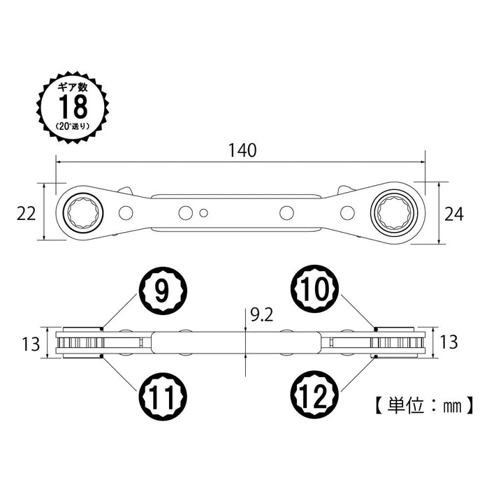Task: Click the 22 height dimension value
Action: point(27,214)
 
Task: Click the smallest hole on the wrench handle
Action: point(203,212)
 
